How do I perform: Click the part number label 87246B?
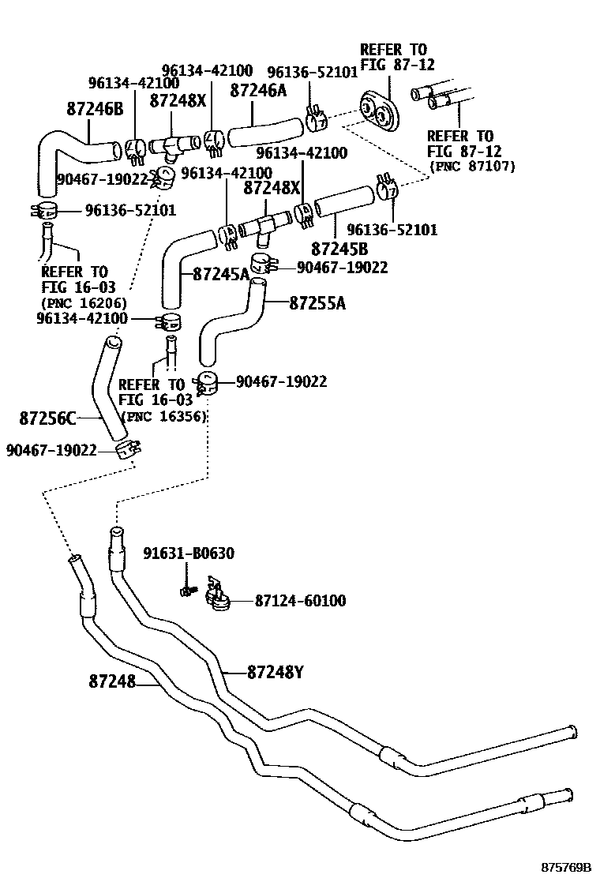96,110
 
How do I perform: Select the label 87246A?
258,91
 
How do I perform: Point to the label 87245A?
221,274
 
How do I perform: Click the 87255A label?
317,302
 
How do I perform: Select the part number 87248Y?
276,673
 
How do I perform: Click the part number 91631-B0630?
188,553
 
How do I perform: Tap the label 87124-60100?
300,602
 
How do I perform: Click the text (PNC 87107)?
471,166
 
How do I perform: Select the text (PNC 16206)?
84,302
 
